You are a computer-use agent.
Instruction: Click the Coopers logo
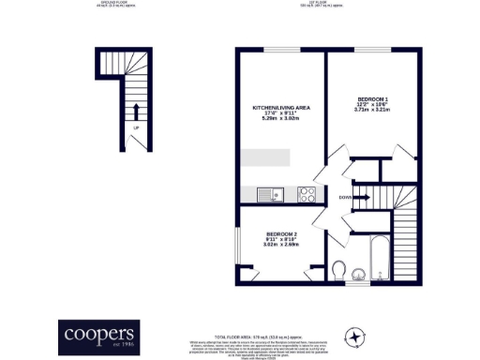pyautogui.click(x=99, y=334)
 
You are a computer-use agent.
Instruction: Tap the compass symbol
pyautogui.click(x=355, y=336)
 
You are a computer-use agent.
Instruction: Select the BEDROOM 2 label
pyautogui.click(x=281, y=232)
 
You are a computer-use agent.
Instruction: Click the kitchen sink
pyautogui.click(x=270, y=195)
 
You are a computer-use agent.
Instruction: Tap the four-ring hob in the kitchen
pyautogui.click(x=307, y=195)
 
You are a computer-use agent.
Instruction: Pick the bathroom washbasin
pyautogui.click(x=359, y=274)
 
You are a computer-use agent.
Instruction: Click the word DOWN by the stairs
pyautogui.click(x=345, y=197)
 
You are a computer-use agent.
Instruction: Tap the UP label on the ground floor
pyautogui.click(x=137, y=127)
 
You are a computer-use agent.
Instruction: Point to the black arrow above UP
pyautogui.click(x=137, y=111)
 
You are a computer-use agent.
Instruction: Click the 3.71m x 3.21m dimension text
pyautogui.click(x=373, y=110)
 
